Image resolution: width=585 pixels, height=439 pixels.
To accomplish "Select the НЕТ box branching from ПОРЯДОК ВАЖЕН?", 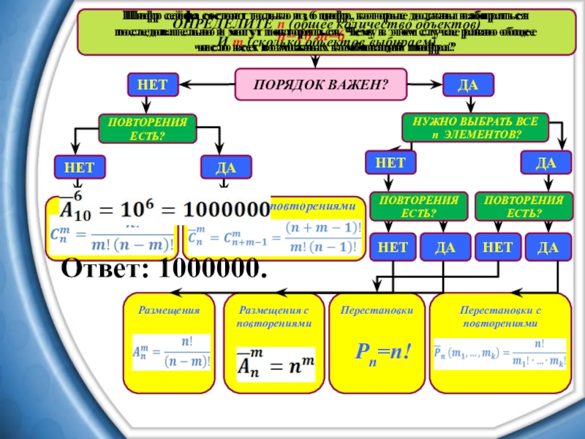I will coord(147,84).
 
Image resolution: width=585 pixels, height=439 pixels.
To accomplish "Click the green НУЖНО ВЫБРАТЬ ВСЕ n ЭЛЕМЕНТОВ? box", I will coord(475,127).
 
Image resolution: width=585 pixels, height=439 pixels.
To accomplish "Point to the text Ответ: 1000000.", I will coord(162,269).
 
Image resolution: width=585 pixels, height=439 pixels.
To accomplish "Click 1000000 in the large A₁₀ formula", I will coord(226,209).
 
